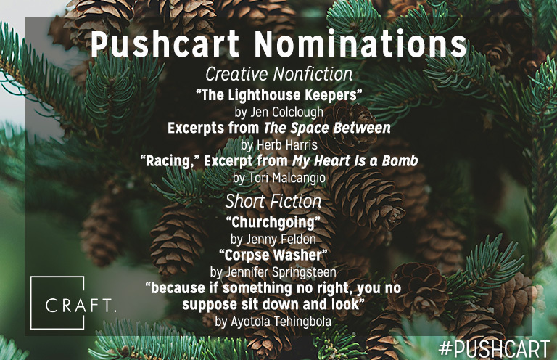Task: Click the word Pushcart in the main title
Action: pos(165,45)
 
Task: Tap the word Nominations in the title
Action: pos(360,44)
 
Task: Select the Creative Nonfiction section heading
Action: pos(278,74)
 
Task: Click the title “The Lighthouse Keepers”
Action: pos(278,95)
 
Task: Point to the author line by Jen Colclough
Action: pos(278,112)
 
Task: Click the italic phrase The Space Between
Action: pos(327,128)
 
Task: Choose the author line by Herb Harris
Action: pos(278,145)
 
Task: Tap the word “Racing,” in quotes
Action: pos(170,161)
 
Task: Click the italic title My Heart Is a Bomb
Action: pos(355,161)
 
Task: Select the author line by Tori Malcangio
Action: pos(278,178)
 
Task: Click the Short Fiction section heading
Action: pos(273,201)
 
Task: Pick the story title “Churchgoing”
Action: pos(273,223)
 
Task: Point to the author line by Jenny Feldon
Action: pos(273,240)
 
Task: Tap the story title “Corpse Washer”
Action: pos(273,255)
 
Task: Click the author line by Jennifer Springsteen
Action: pos(273,272)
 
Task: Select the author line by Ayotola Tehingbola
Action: pos(273,322)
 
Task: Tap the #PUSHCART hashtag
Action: pos(495,348)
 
